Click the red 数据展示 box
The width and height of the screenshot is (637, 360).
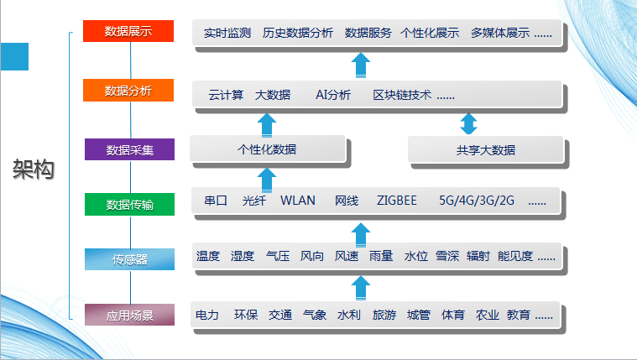pyautogui.click(x=128, y=31)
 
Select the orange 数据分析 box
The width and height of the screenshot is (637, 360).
pyautogui.click(x=128, y=90)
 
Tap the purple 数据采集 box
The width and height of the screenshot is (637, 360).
pyautogui.click(x=129, y=149)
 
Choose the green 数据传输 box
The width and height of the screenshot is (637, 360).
pyautogui.click(x=129, y=205)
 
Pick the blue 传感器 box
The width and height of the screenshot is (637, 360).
pyautogui.click(x=129, y=259)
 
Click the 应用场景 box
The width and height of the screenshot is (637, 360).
pyautogui.click(x=129, y=315)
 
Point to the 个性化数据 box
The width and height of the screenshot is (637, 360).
pyautogui.click(x=268, y=149)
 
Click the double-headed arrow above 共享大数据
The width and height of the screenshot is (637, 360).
pyautogui.click(x=468, y=123)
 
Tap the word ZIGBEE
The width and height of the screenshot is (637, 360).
pyautogui.click(x=396, y=201)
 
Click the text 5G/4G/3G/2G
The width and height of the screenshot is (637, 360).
pyautogui.click(x=477, y=201)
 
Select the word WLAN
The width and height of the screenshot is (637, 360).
pyautogui.click(x=298, y=201)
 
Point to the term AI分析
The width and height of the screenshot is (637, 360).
pyautogui.click(x=333, y=95)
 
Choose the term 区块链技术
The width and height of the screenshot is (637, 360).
pyautogui.click(x=402, y=95)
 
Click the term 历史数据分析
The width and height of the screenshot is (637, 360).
pyautogui.click(x=298, y=33)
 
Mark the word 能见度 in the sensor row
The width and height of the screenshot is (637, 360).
pyautogui.click(x=515, y=257)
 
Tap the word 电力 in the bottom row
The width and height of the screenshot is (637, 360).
pyautogui.click(x=207, y=315)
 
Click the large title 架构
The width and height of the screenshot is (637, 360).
pyautogui.click(x=34, y=169)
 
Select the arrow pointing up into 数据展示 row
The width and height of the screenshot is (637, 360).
pyautogui.click(x=361, y=65)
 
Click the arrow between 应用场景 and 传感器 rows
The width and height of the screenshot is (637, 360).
pyautogui.click(x=361, y=288)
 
